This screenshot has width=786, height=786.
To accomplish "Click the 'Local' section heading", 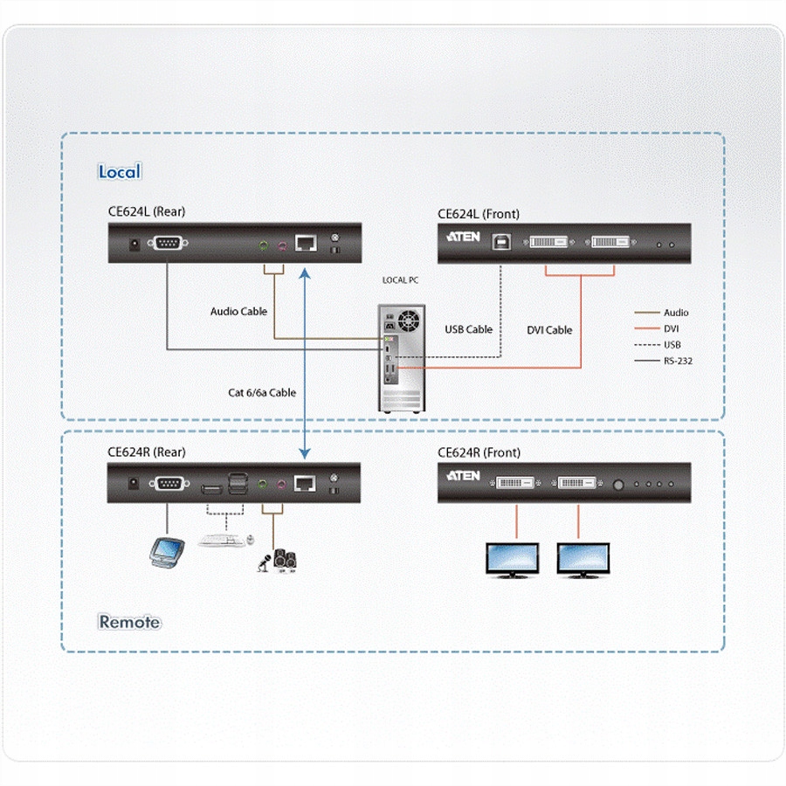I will point(119,171).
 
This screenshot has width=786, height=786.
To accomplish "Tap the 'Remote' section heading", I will point(129,622).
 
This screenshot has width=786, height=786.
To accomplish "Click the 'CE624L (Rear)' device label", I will point(146,211).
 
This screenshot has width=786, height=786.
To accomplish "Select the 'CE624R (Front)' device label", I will point(479,452).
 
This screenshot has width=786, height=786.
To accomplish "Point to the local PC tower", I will point(401,358).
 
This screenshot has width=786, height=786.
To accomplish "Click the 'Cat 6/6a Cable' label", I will point(262,393).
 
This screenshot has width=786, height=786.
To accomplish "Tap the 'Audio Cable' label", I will point(238,311).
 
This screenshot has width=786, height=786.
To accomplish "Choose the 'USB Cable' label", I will point(468,329).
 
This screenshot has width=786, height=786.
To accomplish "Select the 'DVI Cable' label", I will point(549,329).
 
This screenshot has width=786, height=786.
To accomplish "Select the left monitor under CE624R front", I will point(513,558).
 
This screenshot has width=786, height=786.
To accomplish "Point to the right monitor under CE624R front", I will point(583,558).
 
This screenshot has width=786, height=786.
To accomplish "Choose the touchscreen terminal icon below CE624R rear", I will point(166,551).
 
